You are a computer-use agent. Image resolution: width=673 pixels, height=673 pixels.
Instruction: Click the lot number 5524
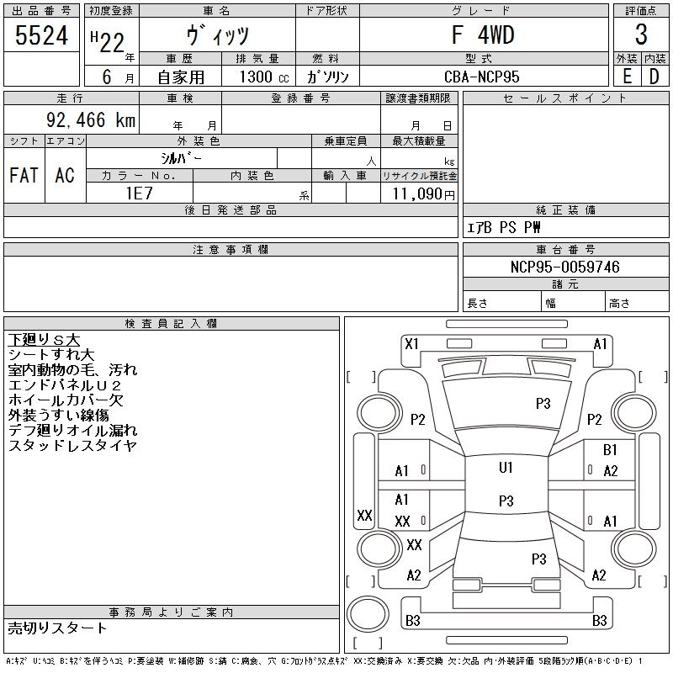pos(41,35)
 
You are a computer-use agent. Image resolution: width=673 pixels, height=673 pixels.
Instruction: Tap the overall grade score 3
pos(641,34)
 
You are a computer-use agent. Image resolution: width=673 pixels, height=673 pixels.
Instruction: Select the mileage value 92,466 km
pos(91,119)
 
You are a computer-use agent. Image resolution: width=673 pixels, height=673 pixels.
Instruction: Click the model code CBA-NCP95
pos(481,77)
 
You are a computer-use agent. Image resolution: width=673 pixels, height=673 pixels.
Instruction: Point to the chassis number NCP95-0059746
pos(564,267)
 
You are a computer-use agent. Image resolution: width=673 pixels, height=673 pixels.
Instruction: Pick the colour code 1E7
pos(139,193)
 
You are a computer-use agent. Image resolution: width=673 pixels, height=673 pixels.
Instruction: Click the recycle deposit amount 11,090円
pos(423,194)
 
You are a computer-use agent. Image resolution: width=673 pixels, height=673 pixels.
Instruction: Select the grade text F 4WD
pos(483,34)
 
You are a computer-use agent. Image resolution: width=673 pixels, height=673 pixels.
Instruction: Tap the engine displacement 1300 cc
pos(264,77)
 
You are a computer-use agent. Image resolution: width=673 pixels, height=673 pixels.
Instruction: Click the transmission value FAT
pos(24,175)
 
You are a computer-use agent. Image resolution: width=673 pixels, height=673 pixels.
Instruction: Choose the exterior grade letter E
pos(627,77)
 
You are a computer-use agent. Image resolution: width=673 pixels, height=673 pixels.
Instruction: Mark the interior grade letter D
pos(654,77)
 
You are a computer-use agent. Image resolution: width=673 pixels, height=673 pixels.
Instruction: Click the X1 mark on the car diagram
pos(411,344)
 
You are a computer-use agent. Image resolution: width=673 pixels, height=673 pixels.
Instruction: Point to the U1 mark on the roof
pos(506,468)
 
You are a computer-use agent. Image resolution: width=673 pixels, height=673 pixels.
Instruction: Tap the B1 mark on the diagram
pos(610,450)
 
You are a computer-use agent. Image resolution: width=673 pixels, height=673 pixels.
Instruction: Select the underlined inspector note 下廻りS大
pos(45,340)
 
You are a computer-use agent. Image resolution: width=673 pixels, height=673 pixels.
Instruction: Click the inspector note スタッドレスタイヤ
pos(72,446)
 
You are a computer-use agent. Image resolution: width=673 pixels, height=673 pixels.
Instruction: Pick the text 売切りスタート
pos(57,628)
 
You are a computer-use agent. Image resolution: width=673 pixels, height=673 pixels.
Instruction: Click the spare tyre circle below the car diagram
pos(368,614)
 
